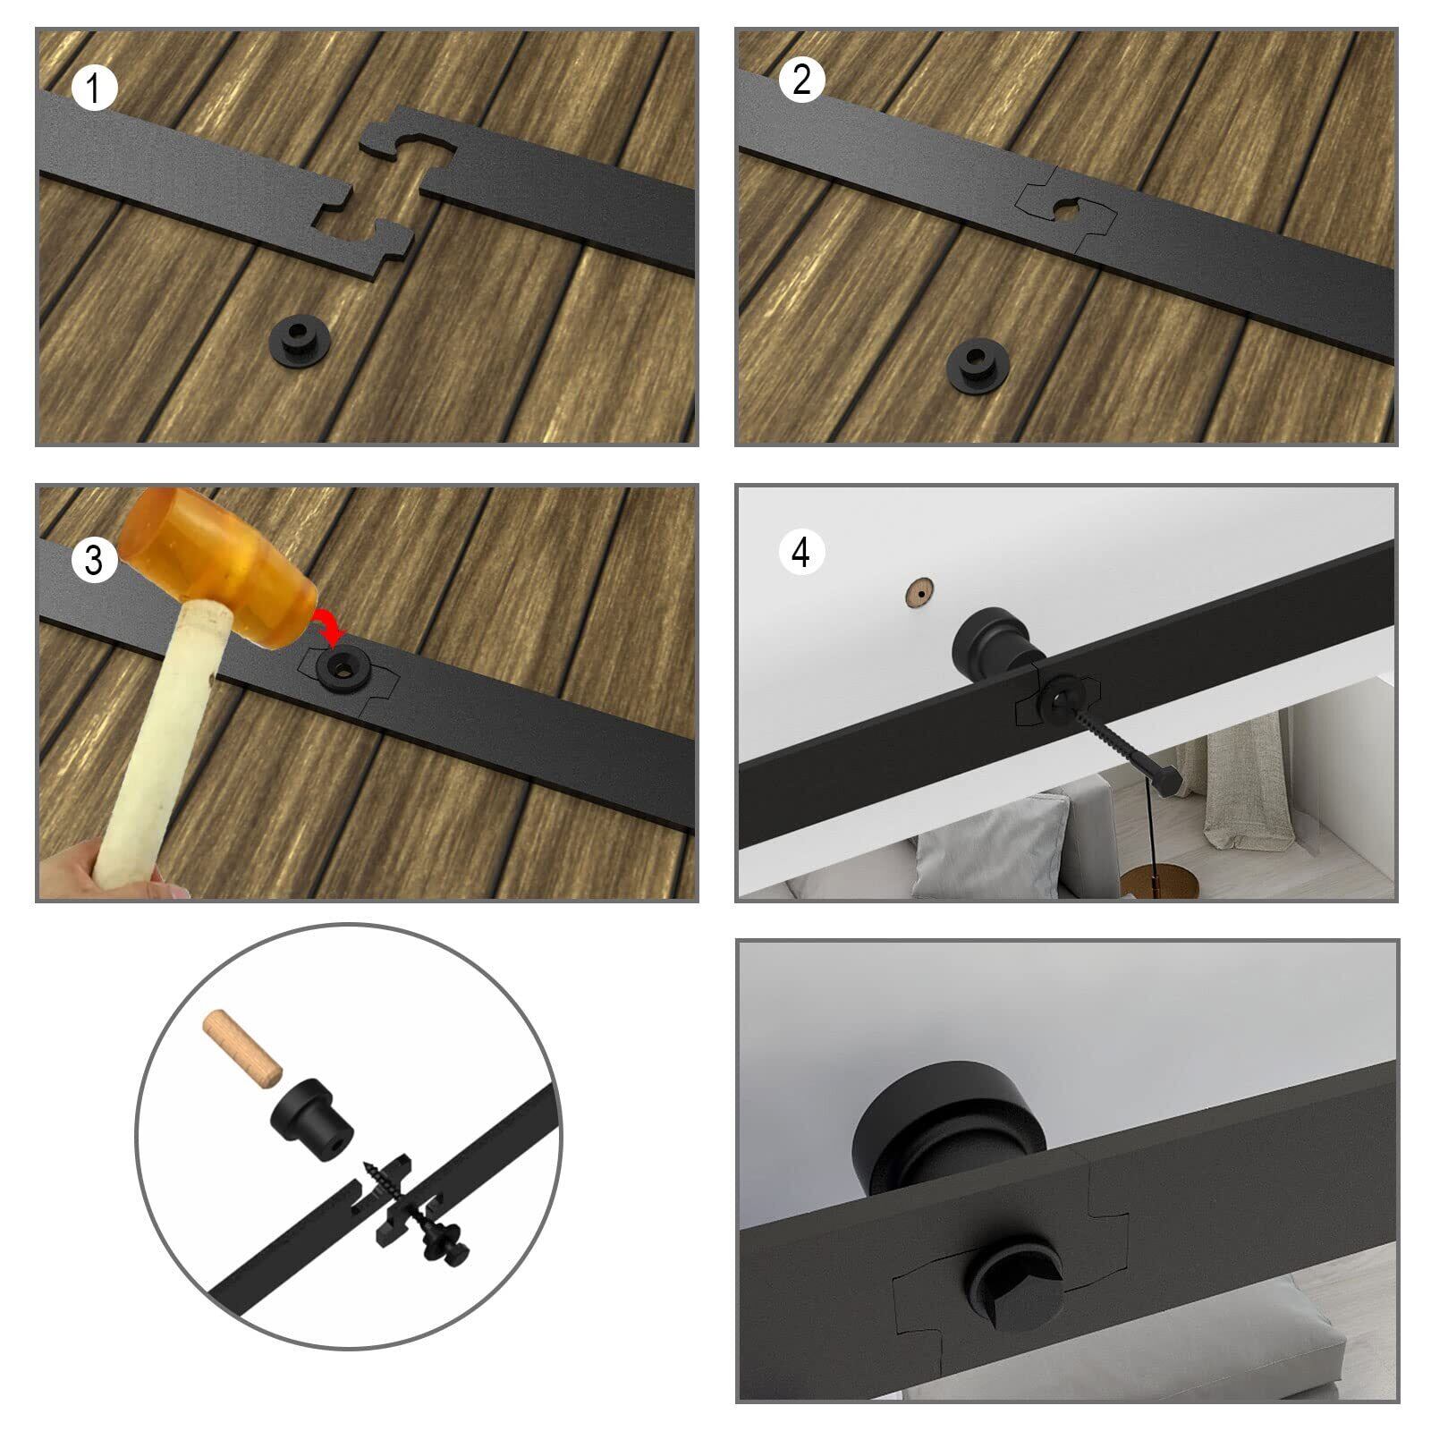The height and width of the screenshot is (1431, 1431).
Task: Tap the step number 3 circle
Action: (94, 560)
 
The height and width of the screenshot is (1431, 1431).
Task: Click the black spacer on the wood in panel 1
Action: (299, 338)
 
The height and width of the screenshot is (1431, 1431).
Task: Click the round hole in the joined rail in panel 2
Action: (1068, 210)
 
